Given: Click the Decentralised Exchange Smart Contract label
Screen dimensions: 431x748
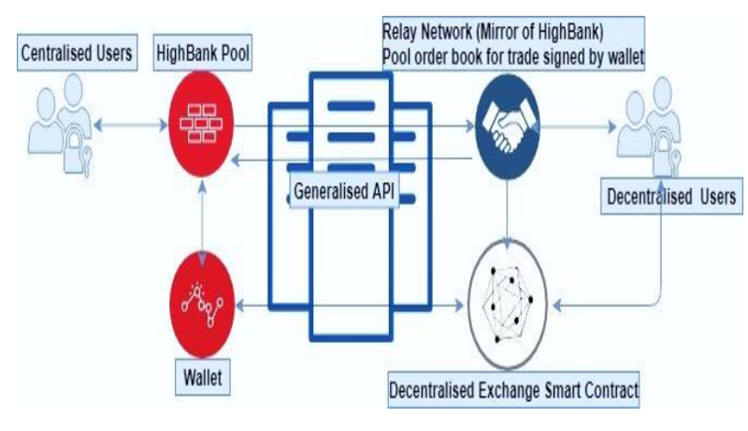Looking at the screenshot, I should tap(513, 388).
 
